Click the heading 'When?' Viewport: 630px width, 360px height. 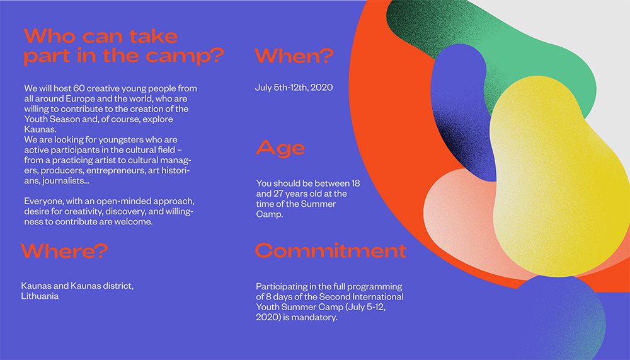tap(294, 56)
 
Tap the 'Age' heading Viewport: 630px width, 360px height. tap(280, 148)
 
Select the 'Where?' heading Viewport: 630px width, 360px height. tap(65, 251)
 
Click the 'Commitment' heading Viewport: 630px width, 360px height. tap(331, 250)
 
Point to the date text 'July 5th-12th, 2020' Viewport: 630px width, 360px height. tap(294, 87)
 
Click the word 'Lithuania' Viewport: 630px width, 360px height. tap(40, 296)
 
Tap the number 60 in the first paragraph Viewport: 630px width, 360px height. tap(79, 88)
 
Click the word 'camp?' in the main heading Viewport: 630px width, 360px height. tap(185, 56)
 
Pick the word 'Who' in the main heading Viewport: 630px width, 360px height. tap(50, 36)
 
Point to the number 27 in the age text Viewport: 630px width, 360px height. tap(278, 194)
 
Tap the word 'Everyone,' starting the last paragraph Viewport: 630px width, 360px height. tap(44, 201)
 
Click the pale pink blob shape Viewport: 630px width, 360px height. tap(458, 218)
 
